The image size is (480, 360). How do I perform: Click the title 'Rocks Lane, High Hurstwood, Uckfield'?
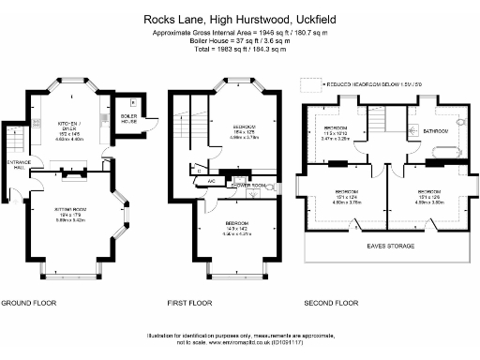[239, 18]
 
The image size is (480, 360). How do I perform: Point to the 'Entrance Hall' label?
[17, 167]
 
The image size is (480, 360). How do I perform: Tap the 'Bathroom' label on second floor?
[438, 131]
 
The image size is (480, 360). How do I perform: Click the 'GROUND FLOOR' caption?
[29, 303]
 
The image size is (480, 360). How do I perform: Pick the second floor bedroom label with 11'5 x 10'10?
[335, 134]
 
